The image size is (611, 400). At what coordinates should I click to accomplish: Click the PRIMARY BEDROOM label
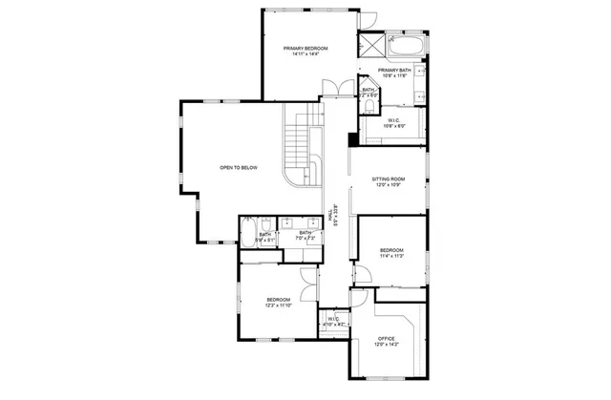coord(305,47)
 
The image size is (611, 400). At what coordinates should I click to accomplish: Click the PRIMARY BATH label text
coord(394,72)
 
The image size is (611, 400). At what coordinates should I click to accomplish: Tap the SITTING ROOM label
coord(389,179)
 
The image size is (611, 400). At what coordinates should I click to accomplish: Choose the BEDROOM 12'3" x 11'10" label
coord(278,302)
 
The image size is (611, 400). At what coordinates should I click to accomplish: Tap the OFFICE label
coord(386,339)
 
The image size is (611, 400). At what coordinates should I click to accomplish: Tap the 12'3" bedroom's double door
coord(307,284)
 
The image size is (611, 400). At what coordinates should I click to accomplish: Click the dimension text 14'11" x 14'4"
coord(305,53)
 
